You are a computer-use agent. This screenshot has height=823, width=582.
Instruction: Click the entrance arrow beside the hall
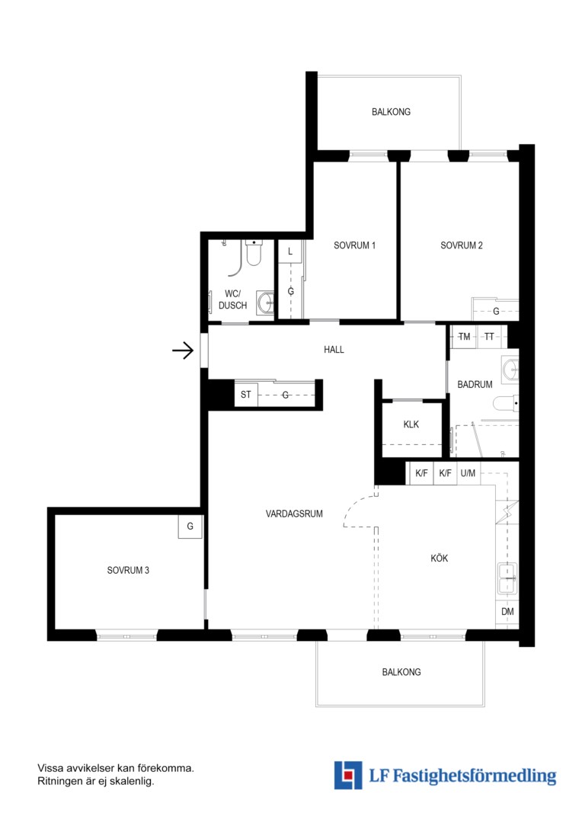coord(183,350)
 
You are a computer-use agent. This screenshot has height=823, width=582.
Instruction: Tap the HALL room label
coord(334,350)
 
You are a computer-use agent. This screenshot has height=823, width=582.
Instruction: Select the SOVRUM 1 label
coord(355,245)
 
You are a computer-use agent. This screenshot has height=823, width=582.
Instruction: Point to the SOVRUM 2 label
coord(462,245)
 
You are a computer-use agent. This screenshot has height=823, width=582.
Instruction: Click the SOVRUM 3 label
coord(128,570)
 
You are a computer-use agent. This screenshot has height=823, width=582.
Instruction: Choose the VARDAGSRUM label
coord(294,514)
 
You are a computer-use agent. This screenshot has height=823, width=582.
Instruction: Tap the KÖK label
coord(440,558)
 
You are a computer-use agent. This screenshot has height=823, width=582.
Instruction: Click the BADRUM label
coord(475,384)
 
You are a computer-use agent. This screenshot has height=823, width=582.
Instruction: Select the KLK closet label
coord(411,424)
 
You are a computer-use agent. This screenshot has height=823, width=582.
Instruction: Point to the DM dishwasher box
coord(507,611)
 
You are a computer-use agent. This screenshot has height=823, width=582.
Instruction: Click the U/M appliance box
coord(468,473)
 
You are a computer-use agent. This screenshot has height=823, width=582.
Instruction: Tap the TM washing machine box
coord(464,337)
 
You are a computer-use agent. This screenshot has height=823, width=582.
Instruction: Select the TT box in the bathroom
coord(489,337)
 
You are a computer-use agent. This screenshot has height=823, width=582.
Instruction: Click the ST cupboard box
coord(246,394)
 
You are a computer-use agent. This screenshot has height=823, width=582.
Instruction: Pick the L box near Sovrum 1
coord(289,252)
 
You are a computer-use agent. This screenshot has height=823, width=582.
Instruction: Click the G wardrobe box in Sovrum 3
coord(190,527)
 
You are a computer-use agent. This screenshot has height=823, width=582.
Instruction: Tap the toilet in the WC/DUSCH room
coord(254,253)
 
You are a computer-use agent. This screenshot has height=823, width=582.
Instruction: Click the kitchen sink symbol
coord(507,578)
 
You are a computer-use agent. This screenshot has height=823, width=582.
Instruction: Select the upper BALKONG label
coord(391,112)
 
